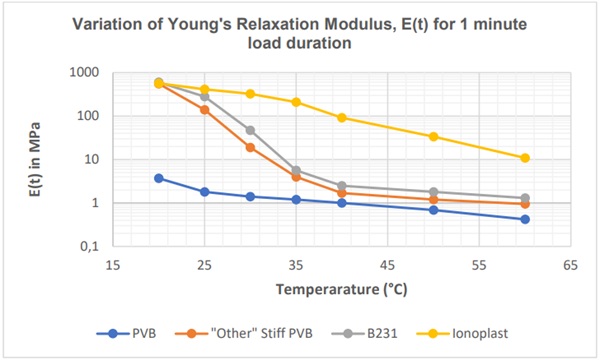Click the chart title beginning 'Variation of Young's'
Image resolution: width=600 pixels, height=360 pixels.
[300, 32]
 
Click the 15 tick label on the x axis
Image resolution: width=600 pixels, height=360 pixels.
[113, 266]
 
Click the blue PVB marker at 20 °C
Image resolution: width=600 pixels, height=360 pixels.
[159, 178]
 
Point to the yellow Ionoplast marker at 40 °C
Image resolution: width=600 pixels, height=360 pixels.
[342, 118]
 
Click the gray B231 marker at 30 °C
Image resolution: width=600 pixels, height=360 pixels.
[250, 130]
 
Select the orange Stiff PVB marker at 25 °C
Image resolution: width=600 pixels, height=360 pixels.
[205, 110]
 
